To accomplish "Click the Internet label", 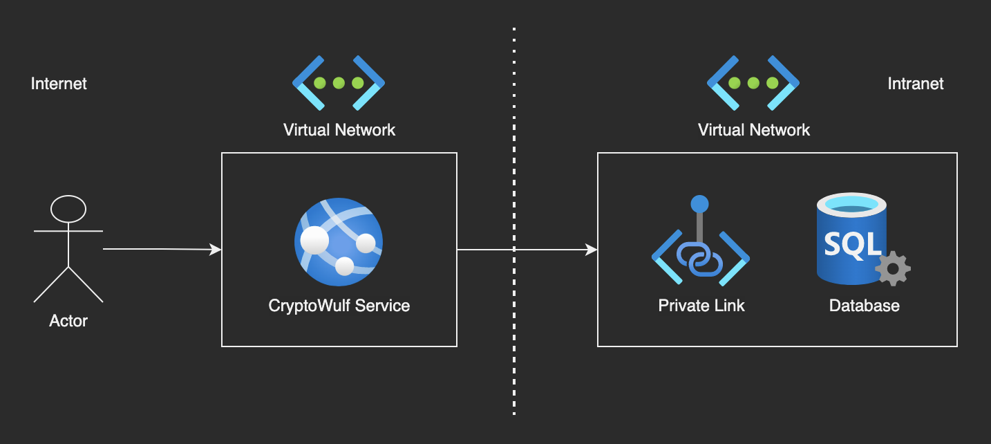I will [59, 84].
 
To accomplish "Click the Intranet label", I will [916, 84].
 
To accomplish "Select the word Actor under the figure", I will [68, 321].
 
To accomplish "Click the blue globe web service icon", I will [339, 241].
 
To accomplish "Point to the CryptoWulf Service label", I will [339, 305].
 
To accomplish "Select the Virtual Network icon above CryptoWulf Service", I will [339, 83].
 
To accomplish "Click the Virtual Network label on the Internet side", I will [339, 129].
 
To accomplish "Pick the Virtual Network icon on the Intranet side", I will [753, 83].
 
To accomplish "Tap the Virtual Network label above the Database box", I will [753, 129].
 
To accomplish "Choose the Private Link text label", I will [701, 305].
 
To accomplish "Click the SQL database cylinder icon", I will [851, 239].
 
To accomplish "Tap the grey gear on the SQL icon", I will [893, 268].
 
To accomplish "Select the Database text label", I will [864, 305].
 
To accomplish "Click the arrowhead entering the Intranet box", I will [592, 249].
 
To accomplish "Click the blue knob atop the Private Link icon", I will [700, 204].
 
